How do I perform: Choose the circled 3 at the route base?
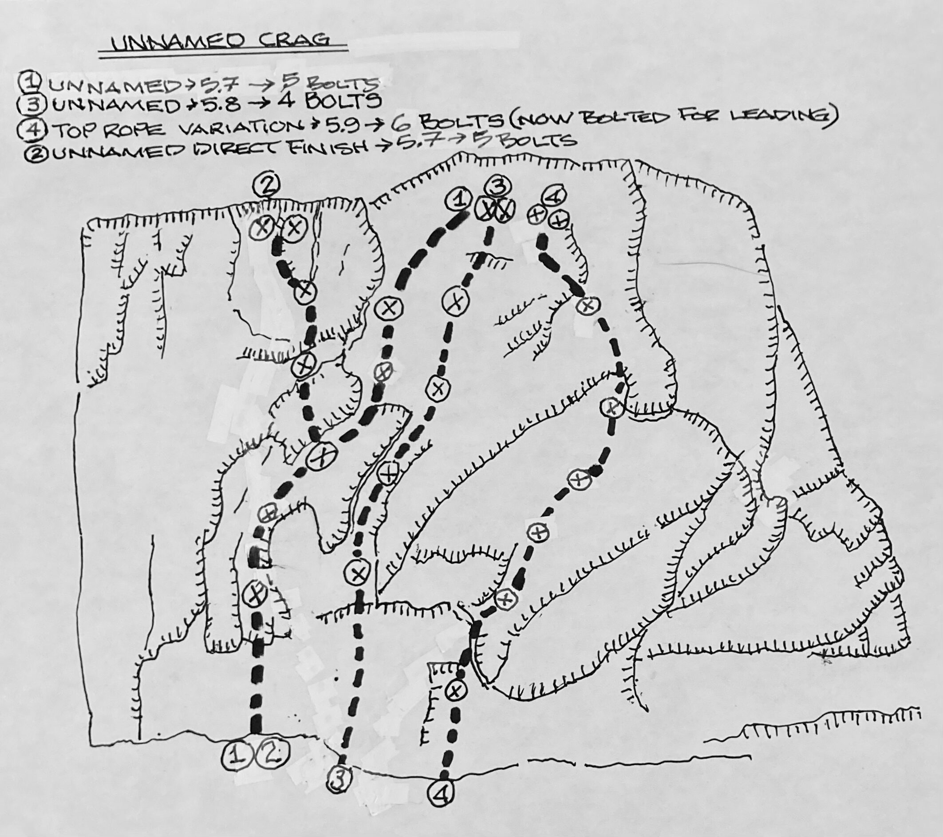(340, 779)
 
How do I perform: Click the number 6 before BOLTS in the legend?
(400, 123)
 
